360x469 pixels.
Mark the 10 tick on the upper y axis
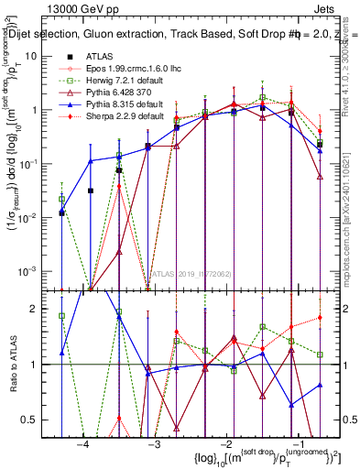pos(38,56)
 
